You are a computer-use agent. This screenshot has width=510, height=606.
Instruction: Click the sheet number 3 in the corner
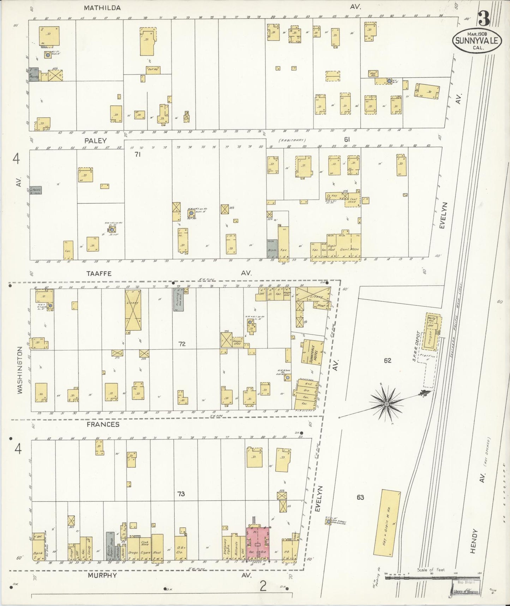[x=484, y=19]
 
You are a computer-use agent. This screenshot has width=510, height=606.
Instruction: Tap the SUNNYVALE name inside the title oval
[x=476, y=41]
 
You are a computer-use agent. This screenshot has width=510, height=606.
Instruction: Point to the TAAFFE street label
[x=99, y=273]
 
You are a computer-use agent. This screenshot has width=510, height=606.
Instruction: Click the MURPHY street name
[x=102, y=575]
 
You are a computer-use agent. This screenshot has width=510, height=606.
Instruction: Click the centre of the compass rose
[x=387, y=403]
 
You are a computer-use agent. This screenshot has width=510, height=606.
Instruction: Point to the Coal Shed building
[x=353, y=198]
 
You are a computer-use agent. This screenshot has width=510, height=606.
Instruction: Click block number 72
[x=181, y=343]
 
